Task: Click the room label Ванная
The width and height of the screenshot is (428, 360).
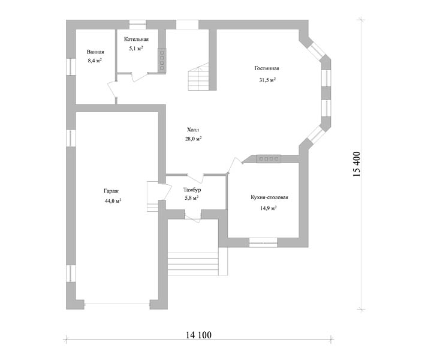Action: click(95, 52)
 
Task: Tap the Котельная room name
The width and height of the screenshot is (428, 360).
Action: click(136, 40)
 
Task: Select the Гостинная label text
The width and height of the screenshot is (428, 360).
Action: click(267, 68)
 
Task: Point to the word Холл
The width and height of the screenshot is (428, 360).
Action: click(193, 130)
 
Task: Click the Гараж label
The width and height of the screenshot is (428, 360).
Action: click(111, 191)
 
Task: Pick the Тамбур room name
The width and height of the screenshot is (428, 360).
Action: click(192, 189)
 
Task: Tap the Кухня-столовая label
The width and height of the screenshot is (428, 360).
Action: click(269, 197)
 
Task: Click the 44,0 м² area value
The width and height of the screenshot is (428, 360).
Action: click(113, 201)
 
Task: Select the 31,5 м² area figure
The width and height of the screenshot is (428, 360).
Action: click(267, 80)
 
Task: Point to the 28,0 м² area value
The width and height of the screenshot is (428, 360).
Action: click(193, 139)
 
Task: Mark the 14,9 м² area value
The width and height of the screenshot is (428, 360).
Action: click(269, 208)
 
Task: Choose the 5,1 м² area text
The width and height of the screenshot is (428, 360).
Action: click(136, 49)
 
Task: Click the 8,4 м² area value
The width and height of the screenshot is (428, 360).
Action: click(95, 61)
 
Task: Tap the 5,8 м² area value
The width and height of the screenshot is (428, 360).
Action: click(192, 198)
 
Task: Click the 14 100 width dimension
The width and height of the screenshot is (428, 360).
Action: click(199, 335)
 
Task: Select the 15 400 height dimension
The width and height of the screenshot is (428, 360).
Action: click(357, 164)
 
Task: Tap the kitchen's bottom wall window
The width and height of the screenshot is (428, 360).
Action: click(263, 242)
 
